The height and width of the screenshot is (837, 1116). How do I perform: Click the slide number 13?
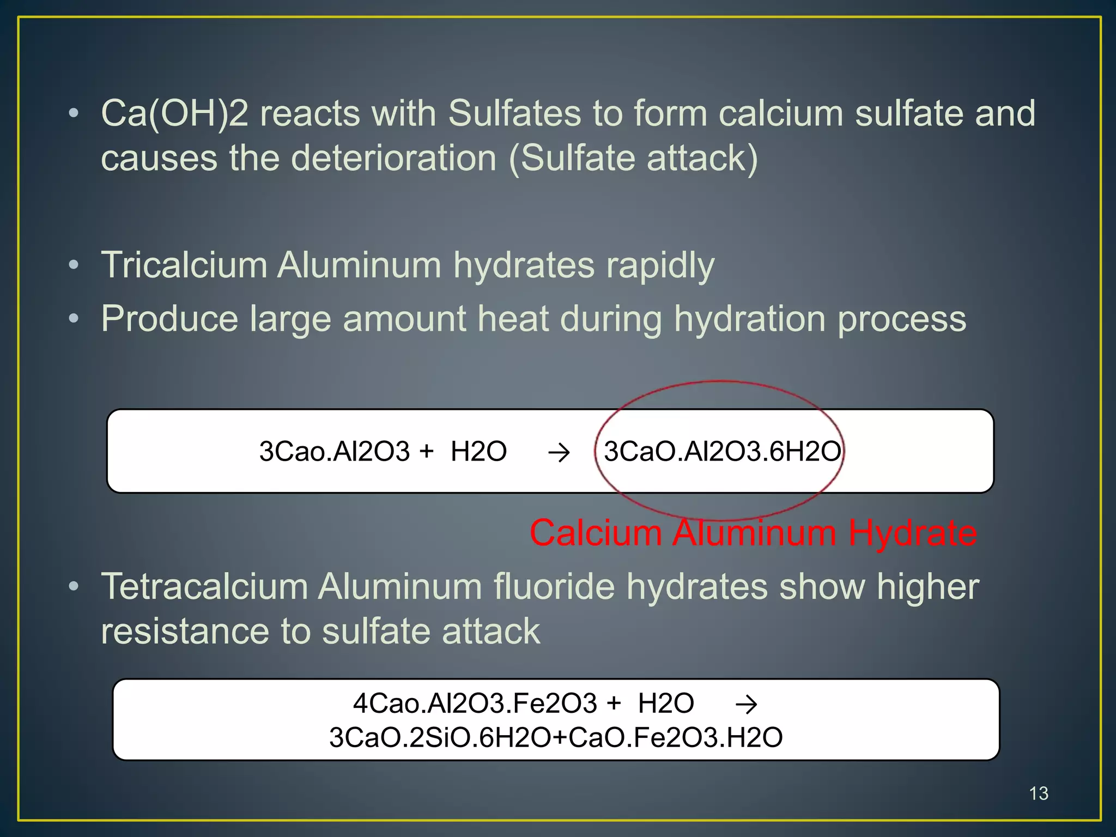1039,793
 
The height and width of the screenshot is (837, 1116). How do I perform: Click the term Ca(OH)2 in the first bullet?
174,113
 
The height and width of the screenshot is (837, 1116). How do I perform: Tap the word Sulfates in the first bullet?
514,113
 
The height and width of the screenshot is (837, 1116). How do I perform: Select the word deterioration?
393,159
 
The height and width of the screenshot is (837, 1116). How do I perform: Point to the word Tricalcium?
184,265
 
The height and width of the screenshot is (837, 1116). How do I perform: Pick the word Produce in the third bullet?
169,319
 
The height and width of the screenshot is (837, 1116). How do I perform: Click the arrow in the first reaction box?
559,452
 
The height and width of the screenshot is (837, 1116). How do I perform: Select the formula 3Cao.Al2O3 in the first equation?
334,451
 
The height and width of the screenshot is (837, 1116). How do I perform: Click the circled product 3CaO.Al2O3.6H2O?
722,451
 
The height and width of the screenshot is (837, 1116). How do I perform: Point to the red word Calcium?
596,532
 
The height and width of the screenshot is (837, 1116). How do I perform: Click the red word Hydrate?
912,532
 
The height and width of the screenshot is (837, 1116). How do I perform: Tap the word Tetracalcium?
204,587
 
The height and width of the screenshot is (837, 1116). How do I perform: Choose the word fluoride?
553,587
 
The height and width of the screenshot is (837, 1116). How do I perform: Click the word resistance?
185,632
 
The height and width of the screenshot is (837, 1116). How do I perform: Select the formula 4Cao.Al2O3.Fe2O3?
475,703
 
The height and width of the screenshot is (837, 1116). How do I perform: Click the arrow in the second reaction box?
746,705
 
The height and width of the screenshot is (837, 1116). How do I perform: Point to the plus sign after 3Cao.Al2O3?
427,451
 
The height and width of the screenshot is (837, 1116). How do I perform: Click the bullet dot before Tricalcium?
74,265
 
